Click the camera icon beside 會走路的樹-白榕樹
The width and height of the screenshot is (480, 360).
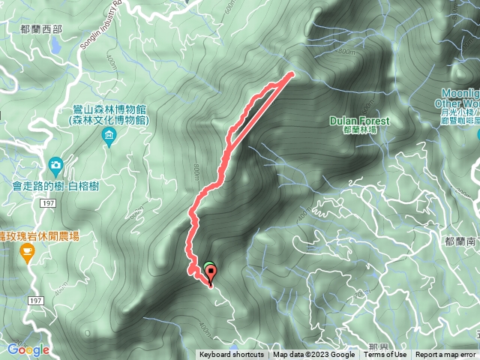pos(55,164)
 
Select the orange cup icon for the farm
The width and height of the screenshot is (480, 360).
pos(28,252)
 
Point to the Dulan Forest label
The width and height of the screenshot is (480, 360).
pos(359,121)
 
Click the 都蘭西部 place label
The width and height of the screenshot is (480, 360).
pos(43,29)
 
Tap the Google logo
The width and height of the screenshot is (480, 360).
pos(28,349)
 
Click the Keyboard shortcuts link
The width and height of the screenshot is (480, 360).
pos(231,355)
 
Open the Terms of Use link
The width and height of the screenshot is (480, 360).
pos(385,355)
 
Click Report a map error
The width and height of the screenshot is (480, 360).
pos(445,355)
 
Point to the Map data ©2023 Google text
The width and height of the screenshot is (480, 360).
pos(313,355)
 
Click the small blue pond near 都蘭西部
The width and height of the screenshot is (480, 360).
pos(54,46)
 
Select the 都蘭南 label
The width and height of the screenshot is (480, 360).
pos(460,241)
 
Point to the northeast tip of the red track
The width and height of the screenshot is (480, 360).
pos(291,73)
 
